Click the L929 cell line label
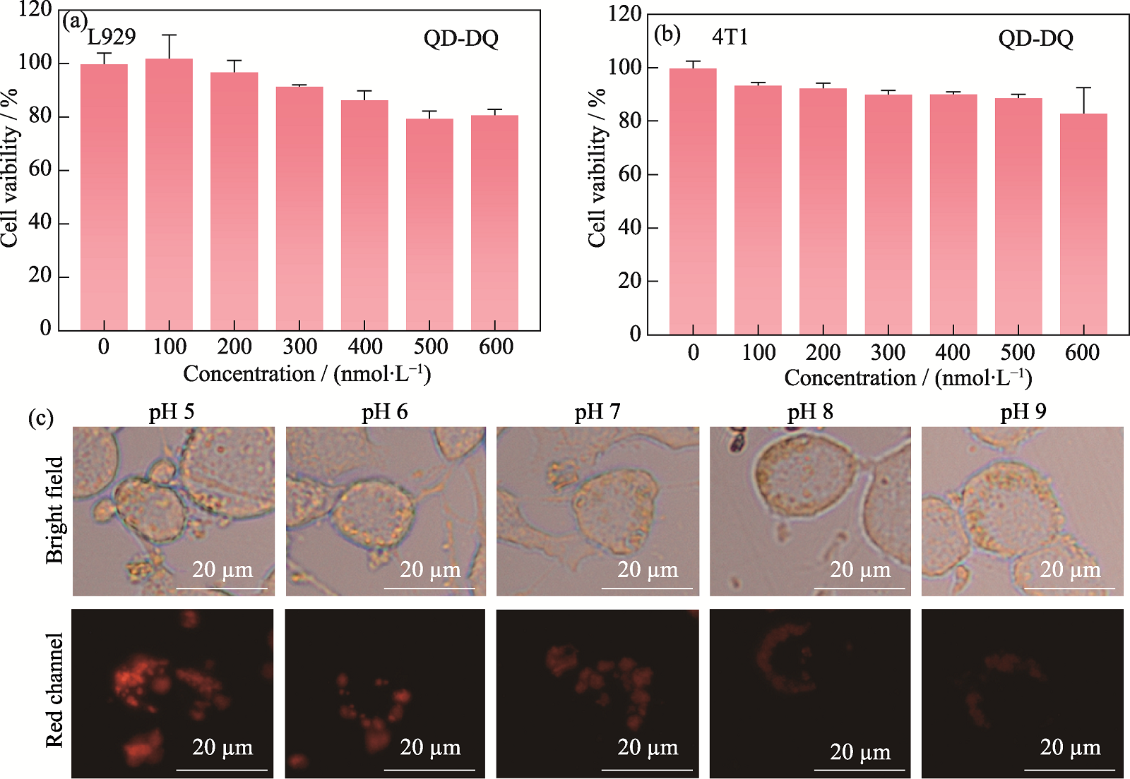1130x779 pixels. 112,37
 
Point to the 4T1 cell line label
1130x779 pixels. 730,37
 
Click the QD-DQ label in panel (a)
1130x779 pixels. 460,38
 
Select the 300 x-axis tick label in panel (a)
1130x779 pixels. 299,346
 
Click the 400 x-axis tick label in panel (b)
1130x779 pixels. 952,351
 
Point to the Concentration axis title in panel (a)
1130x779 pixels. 307,373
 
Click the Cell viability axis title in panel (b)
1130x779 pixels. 597,168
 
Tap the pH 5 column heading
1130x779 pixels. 172,411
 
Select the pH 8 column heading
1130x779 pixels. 810,411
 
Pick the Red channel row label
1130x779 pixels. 54,689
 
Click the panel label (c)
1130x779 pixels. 40,418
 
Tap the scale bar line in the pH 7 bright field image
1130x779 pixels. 647,588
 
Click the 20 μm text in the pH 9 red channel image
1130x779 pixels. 1070,747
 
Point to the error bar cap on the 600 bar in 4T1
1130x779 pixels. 1083,87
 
